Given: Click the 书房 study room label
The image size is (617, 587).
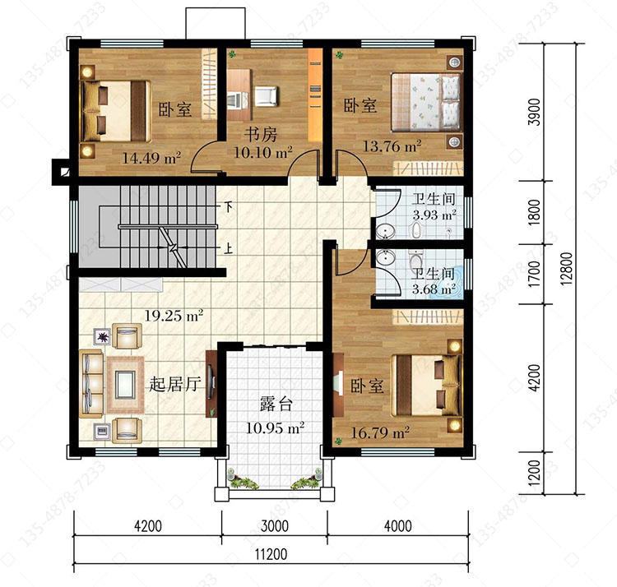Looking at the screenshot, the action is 261,135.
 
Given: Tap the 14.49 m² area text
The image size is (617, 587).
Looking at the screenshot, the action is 151,158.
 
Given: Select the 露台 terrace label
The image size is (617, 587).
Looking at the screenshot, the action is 276,404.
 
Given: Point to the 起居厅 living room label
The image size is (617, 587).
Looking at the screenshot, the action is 175,384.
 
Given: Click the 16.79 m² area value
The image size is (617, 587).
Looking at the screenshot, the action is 380,433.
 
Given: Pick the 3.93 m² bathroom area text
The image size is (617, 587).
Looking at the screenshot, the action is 434,215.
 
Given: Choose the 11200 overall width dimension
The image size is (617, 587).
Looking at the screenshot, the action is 271,554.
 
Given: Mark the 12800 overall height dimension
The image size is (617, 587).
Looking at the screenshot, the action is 566,269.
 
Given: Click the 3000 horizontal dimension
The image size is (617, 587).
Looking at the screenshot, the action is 275,525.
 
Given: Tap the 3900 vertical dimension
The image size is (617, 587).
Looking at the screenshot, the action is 535,112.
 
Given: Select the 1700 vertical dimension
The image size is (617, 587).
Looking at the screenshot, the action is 535,274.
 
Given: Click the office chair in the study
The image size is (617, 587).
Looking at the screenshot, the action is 266,96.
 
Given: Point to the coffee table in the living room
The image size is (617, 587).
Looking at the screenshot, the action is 126,385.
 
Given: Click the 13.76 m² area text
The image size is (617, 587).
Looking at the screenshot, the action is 392,146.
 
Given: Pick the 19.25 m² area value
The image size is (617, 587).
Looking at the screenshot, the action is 174,316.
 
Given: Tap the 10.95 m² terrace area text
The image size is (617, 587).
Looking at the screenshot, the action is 275,428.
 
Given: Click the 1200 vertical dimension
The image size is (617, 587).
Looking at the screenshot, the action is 535,473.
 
